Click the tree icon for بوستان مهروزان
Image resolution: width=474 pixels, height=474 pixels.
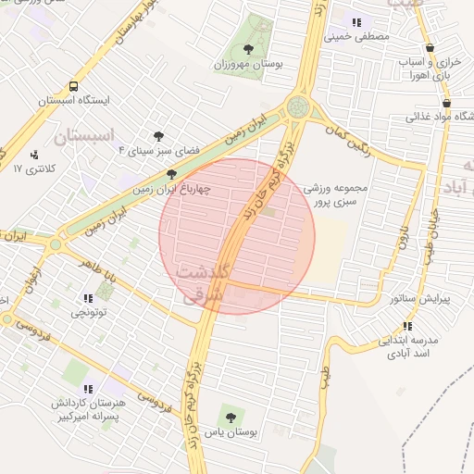coord(247,48)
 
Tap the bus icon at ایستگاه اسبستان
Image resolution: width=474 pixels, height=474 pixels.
coord(45,99)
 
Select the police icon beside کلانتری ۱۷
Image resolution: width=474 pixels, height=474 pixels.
coord(35,155)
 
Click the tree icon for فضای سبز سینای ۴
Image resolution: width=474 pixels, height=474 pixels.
coord(157,135)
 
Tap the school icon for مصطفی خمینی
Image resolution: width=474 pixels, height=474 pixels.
coord(355,21)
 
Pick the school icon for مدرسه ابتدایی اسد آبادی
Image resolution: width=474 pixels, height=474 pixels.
coord(407,326)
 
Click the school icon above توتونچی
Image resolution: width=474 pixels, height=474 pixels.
coord(88,298)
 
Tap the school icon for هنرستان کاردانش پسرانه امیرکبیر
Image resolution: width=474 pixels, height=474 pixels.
coord(87,390)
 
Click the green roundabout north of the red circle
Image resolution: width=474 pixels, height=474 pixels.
coord(298,106)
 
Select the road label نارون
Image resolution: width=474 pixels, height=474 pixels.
coord(403,235)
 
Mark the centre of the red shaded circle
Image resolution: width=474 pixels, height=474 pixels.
coord(237,237)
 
